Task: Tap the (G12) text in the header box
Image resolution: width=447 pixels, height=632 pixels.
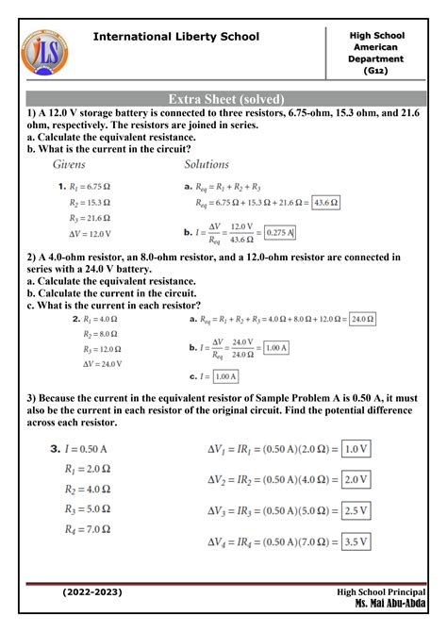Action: pyautogui.click(x=375, y=71)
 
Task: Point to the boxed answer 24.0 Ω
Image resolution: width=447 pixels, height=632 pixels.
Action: pyautogui.click(x=361, y=320)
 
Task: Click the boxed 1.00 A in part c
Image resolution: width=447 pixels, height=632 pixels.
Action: pyautogui.click(x=224, y=376)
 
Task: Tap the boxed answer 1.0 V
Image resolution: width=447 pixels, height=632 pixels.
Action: pyautogui.click(x=356, y=450)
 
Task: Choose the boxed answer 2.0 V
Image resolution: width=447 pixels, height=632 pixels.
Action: pyautogui.click(x=356, y=480)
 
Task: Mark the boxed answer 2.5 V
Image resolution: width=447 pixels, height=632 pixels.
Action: pyautogui.click(x=356, y=510)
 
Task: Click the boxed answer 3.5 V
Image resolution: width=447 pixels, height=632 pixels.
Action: pyautogui.click(x=356, y=541)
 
